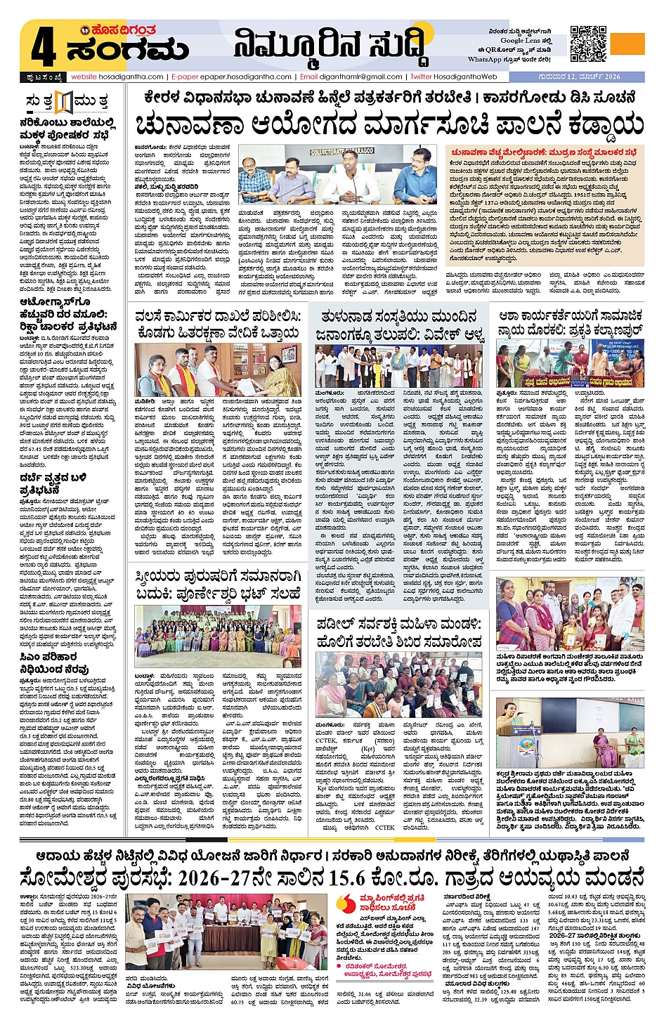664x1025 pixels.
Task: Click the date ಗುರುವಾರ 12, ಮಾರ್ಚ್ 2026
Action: (x=580, y=77)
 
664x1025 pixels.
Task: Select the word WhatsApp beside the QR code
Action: (x=484, y=60)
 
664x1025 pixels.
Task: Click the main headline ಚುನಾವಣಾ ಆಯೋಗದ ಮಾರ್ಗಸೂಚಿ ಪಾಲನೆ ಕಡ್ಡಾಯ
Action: (x=389, y=124)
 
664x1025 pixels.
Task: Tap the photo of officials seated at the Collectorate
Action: (x=338, y=175)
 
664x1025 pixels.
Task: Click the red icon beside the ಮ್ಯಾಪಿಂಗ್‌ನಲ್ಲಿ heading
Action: (x=346, y=903)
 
